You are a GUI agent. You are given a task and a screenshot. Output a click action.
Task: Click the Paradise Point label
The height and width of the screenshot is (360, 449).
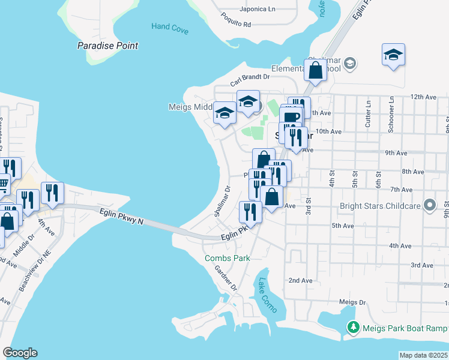108,46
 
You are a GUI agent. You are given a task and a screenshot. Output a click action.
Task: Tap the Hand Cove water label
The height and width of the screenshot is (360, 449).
170,26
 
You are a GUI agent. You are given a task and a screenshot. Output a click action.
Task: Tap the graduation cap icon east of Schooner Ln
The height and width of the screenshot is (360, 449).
393,55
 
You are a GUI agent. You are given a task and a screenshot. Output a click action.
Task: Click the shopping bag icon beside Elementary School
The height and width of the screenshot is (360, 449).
315,70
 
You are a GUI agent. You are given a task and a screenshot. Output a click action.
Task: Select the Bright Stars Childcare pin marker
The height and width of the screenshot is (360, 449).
429,206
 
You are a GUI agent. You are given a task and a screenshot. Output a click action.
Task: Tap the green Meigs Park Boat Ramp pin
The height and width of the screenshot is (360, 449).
354,328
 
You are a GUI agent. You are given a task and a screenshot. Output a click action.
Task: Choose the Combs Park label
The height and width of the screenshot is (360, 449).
227,258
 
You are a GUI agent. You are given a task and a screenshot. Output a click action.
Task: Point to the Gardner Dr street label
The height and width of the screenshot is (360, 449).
226,277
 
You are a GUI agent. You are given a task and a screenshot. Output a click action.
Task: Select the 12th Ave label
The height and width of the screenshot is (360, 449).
423,97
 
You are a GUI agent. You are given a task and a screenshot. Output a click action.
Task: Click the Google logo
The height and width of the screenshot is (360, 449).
20,353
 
